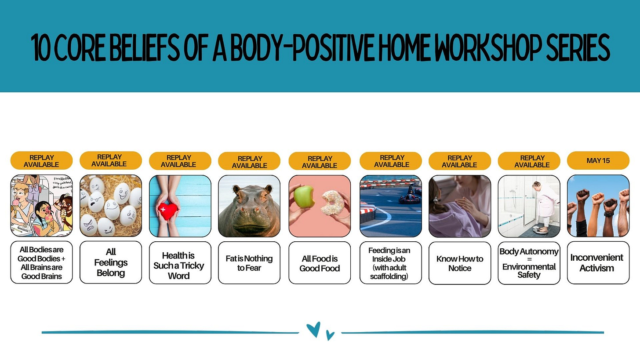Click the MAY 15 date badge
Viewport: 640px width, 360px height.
[598, 160]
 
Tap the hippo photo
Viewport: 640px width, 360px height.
[249, 206]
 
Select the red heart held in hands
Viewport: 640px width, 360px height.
[167, 211]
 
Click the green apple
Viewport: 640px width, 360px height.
[304, 196]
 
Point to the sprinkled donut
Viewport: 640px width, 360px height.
[332, 203]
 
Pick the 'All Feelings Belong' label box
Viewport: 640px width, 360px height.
[111, 262]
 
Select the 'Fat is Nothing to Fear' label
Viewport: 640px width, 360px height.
[249, 263]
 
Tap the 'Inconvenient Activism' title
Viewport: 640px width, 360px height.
[597, 263]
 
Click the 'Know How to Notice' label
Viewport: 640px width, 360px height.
[460, 263]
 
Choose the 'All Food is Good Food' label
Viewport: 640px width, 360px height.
[320, 263]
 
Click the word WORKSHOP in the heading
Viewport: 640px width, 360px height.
[488, 47]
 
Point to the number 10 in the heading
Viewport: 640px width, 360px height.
[41, 48]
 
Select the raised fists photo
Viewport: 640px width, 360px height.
[598, 206]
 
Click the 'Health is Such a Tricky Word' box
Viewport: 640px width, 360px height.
[180, 263]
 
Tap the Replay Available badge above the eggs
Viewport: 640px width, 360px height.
[111, 160]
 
